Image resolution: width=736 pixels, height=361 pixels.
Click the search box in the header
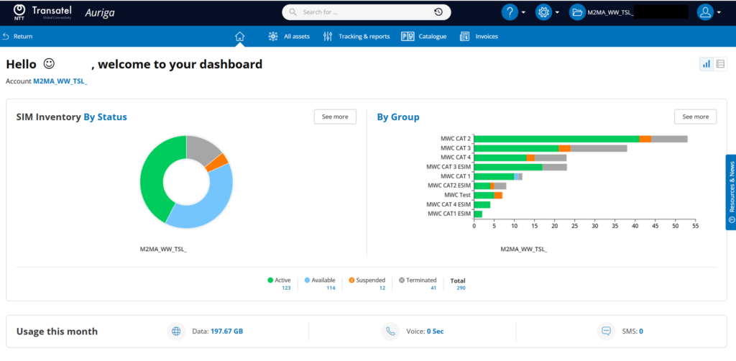(366, 12)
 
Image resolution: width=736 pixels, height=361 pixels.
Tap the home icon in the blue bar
(240, 36)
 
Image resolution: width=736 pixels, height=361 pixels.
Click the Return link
(18, 36)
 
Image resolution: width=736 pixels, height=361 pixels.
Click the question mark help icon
(510, 12)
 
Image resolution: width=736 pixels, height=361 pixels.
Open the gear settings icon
(543, 12)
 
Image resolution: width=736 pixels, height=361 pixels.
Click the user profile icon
(705, 12)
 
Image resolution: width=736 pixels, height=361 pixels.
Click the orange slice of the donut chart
(217, 162)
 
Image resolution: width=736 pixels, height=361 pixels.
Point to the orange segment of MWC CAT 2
(645, 139)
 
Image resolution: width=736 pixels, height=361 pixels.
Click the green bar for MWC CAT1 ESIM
(478, 214)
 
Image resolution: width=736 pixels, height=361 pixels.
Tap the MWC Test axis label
(457, 195)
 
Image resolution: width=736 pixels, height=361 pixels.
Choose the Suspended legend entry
(367, 280)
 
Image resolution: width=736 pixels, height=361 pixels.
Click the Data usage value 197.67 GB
(226, 332)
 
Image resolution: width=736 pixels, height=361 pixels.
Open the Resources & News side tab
(731, 192)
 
